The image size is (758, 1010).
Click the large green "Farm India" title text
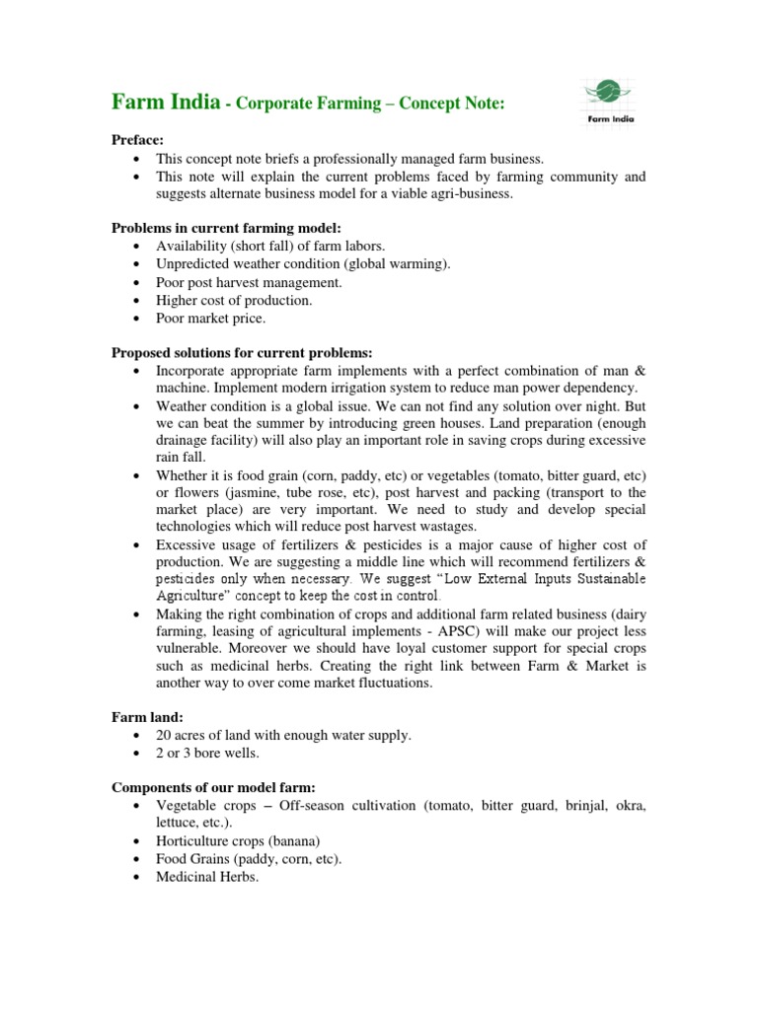[x=164, y=102]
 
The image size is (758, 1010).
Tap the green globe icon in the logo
[x=609, y=93]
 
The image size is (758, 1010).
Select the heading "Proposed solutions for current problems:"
[x=241, y=352]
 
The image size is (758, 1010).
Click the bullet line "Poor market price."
[x=210, y=318]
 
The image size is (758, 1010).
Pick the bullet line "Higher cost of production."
[x=234, y=300]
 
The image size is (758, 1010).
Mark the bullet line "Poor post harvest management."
[x=249, y=282]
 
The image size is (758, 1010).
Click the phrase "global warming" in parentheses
[x=400, y=264]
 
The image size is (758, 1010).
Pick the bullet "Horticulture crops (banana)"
[x=238, y=840]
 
